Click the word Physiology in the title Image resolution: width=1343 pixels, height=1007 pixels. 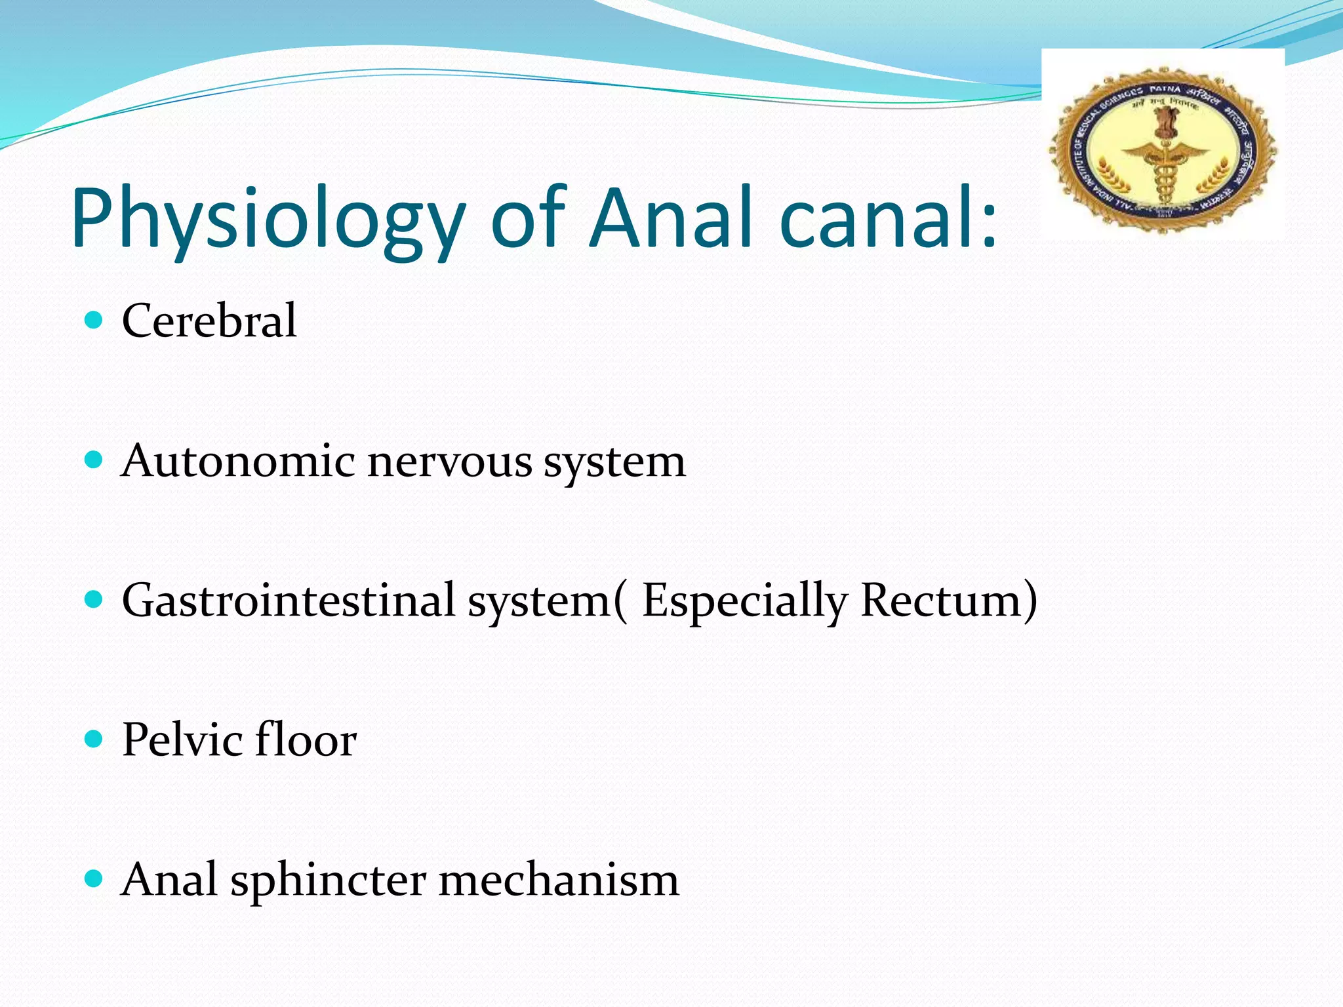(268, 220)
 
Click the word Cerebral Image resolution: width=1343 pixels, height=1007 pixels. (209, 321)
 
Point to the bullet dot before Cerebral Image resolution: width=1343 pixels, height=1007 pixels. (94, 320)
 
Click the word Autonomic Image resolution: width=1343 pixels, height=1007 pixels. (237, 460)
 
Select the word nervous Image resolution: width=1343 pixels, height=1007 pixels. (449, 462)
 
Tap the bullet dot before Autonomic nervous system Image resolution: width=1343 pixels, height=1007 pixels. (94, 460)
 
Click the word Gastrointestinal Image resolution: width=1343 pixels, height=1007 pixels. (289, 600)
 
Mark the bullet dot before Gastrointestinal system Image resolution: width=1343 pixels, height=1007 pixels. (94, 599)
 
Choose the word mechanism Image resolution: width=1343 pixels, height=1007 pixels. (559, 879)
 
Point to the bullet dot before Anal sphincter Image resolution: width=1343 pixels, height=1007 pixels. (94, 879)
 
